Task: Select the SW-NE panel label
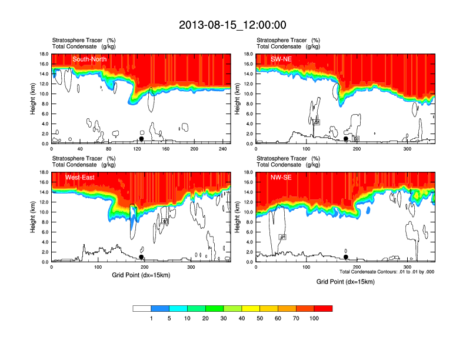(x=279, y=59)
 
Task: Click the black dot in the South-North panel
(x=141, y=139)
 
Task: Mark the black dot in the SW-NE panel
(x=345, y=139)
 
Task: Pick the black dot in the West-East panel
(x=141, y=257)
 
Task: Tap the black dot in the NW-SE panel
(x=345, y=257)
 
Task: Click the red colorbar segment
(x=323, y=308)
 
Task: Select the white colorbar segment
(x=142, y=308)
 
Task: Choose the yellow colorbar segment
(x=251, y=308)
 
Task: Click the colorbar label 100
(x=314, y=318)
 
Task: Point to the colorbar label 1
(x=151, y=318)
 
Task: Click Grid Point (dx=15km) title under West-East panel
(x=141, y=275)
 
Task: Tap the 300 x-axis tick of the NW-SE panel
(x=407, y=267)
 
